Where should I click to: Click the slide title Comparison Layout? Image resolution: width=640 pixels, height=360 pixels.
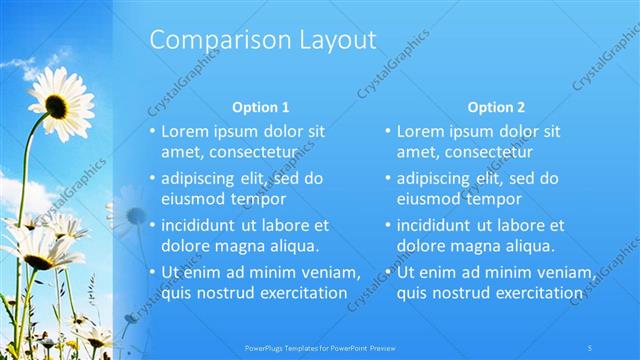(x=263, y=41)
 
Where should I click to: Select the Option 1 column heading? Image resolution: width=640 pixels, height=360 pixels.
(x=260, y=107)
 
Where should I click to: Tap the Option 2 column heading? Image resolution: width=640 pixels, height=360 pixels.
(x=495, y=107)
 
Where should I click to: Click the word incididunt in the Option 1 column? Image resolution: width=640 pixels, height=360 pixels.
(x=201, y=226)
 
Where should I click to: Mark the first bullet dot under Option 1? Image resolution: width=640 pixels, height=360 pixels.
(x=152, y=132)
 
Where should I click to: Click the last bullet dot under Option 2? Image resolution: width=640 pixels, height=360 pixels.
(x=388, y=273)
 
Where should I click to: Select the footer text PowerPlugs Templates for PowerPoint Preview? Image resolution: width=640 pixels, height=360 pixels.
(x=319, y=347)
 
